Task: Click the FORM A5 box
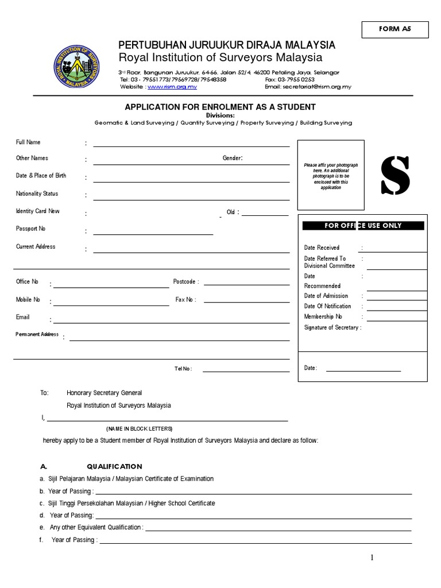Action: pos(394,29)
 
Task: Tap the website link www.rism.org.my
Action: pos(172,87)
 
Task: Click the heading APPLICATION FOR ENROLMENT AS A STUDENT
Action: pos(220,107)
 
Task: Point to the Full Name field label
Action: pos(28,142)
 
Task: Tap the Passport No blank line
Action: pos(153,233)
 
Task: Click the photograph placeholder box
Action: pos(330,175)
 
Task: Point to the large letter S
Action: pos(396,175)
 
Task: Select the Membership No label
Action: pos(323,316)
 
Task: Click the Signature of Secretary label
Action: pos(332,327)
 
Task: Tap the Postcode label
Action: pos(185,282)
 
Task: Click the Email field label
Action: pos(22,317)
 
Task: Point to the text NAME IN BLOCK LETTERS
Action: pos(139,429)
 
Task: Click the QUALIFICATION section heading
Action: pos(114,466)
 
